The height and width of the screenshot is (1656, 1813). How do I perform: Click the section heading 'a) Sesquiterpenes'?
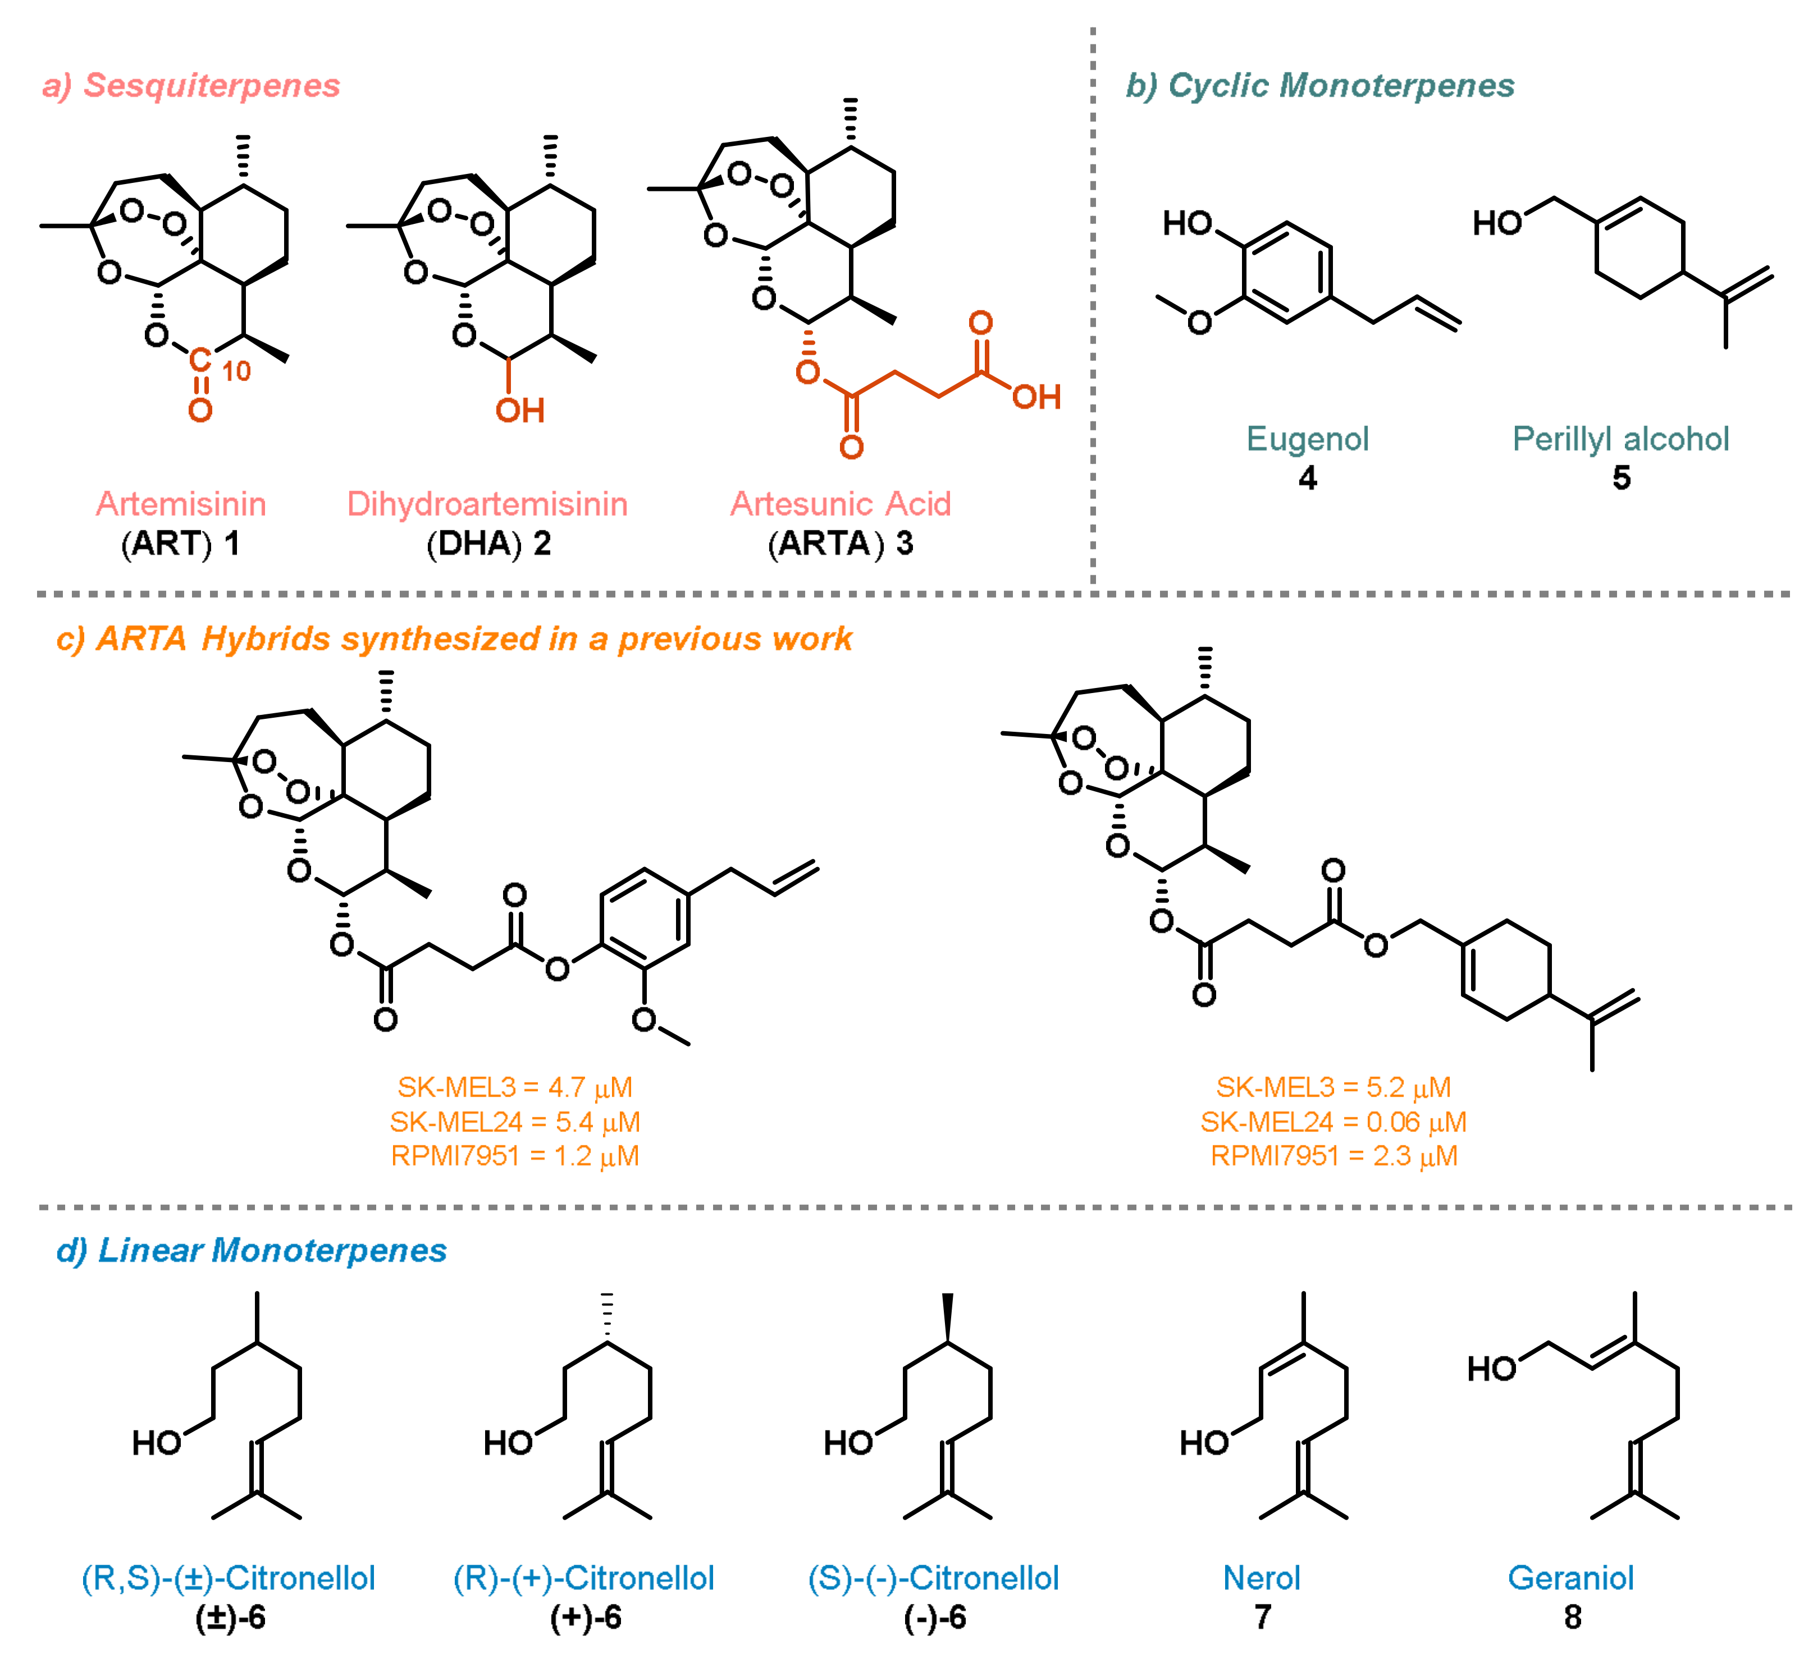[x=191, y=85]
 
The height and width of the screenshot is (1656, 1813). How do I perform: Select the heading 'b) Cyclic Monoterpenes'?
[x=1319, y=85]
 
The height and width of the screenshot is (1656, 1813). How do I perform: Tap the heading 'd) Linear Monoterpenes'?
[x=251, y=1250]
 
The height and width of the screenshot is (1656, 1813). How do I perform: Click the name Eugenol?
[x=1307, y=439]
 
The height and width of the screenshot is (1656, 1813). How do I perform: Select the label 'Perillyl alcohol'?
[x=1620, y=439]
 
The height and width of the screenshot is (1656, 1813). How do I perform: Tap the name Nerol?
[x=1261, y=1578]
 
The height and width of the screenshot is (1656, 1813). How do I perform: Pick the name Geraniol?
[x=1570, y=1578]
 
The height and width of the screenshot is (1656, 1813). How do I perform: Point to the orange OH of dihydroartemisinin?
[x=520, y=411]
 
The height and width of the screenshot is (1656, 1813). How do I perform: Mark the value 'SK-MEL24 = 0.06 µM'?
[x=1333, y=1122]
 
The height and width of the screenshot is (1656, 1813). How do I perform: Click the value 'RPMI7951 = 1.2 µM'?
[x=514, y=1156]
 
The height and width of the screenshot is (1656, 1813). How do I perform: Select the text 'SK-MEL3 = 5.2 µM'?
[x=1333, y=1088]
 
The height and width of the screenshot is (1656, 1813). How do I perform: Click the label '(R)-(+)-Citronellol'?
[x=583, y=1578]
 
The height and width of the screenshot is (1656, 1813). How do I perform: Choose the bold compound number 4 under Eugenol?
[x=1307, y=478]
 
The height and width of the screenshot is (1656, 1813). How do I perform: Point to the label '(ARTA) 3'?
[x=840, y=544]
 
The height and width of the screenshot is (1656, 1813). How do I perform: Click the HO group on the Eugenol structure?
[x=1187, y=223]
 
